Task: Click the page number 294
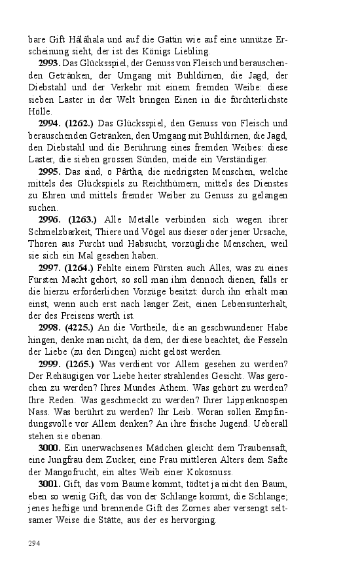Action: point(33,543)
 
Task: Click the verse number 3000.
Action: point(50,447)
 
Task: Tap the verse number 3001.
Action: point(50,483)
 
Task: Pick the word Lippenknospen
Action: point(255,399)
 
